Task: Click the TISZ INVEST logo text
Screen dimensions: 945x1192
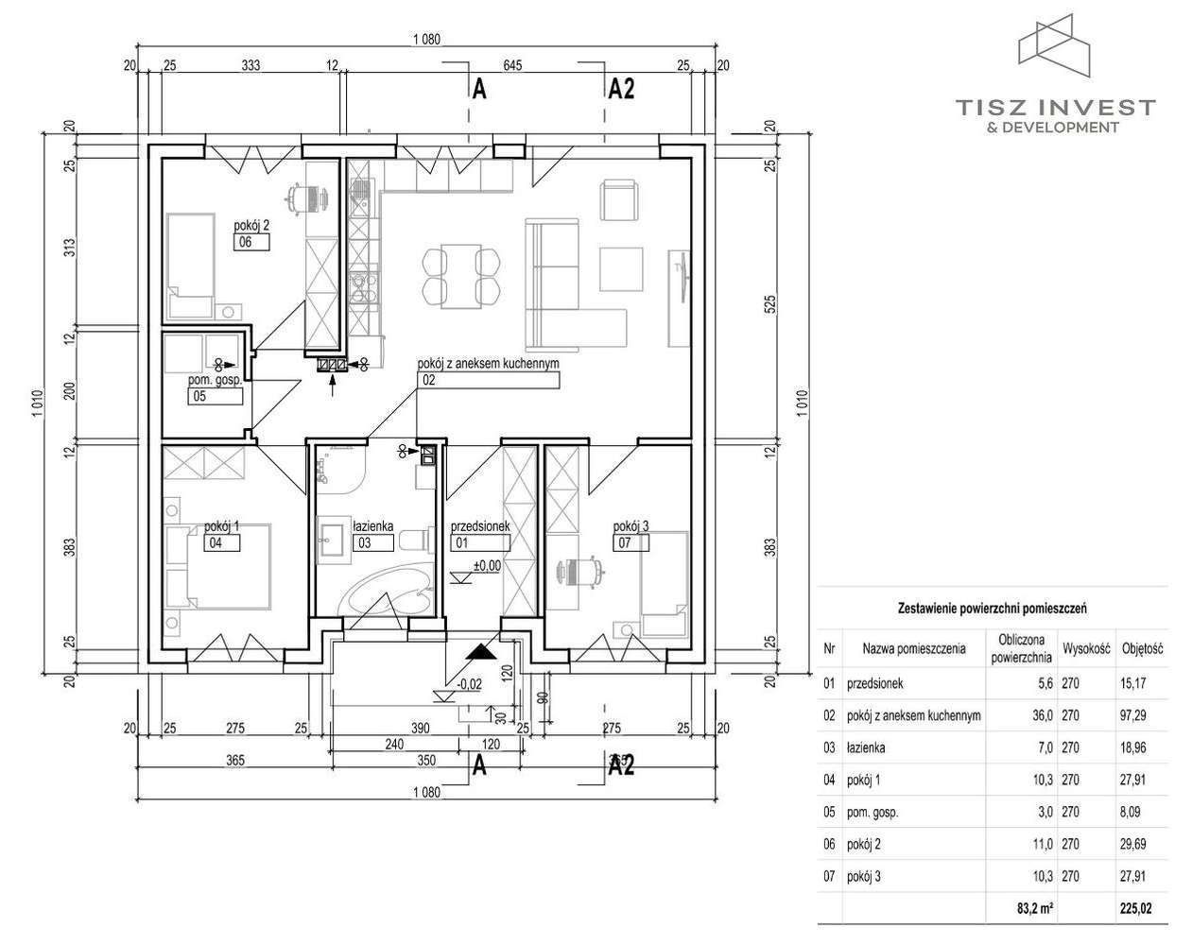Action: click(x=1055, y=106)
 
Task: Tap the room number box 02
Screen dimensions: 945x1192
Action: click(x=488, y=381)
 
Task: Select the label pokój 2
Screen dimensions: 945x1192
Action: click(x=252, y=225)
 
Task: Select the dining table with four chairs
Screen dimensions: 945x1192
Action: click(x=459, y=275)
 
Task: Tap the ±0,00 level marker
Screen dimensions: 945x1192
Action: click(x=488, y=566)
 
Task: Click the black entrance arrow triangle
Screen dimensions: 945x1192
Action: click(x=481, y=653)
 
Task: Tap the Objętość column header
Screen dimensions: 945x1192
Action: click(x=1142, y=649)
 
